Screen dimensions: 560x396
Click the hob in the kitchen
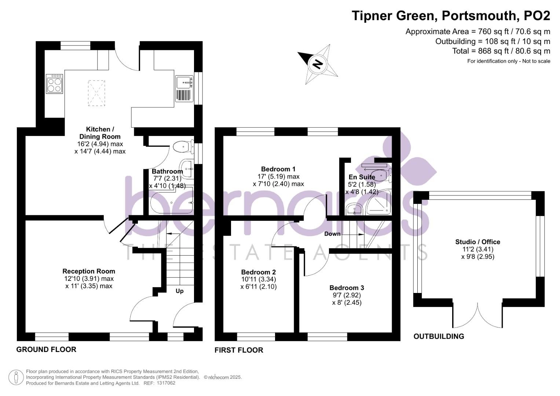pyautogui.click(x=54, y=84)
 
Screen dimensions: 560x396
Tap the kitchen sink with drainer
pyautogui.click(x=184, y=89)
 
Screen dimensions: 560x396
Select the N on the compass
pyautogui.click(x=318, y=64)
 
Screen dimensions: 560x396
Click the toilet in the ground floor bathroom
pyautogui.click(x=183, y=147)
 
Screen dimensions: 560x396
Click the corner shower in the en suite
pyautogui.click(x=378, y=202)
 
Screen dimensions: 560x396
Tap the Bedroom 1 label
pyautogui.click(x=278, y=169)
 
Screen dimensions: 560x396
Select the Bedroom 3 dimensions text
pyautogui.click(x=347, y=299)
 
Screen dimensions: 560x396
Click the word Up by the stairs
pyautogui.click(x=179, y=291)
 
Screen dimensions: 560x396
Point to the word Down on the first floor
pyautogui.click(x=332, y=234)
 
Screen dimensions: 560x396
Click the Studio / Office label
pyautogui.click(x=478, y=242)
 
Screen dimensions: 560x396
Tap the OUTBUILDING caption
pyautogui.click(x=439, y=336)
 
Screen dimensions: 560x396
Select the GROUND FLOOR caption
pyautogui.click(x=46, y=349)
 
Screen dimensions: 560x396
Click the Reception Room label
pyautogui.click(x=89, y=271)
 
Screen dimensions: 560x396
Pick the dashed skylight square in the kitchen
pyautogui.click(x=96, y=93)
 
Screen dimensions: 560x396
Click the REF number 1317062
pyautogui.click(x=166, y=383)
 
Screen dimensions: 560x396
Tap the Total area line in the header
pyautogui.click(x=501, y=51)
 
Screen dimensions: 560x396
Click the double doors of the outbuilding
pyautogui.click(x=477, y=315)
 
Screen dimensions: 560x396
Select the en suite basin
pyautogui.click(x=354, y=209)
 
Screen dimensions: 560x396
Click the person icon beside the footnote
pyautogui.click(x=16, y=378)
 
